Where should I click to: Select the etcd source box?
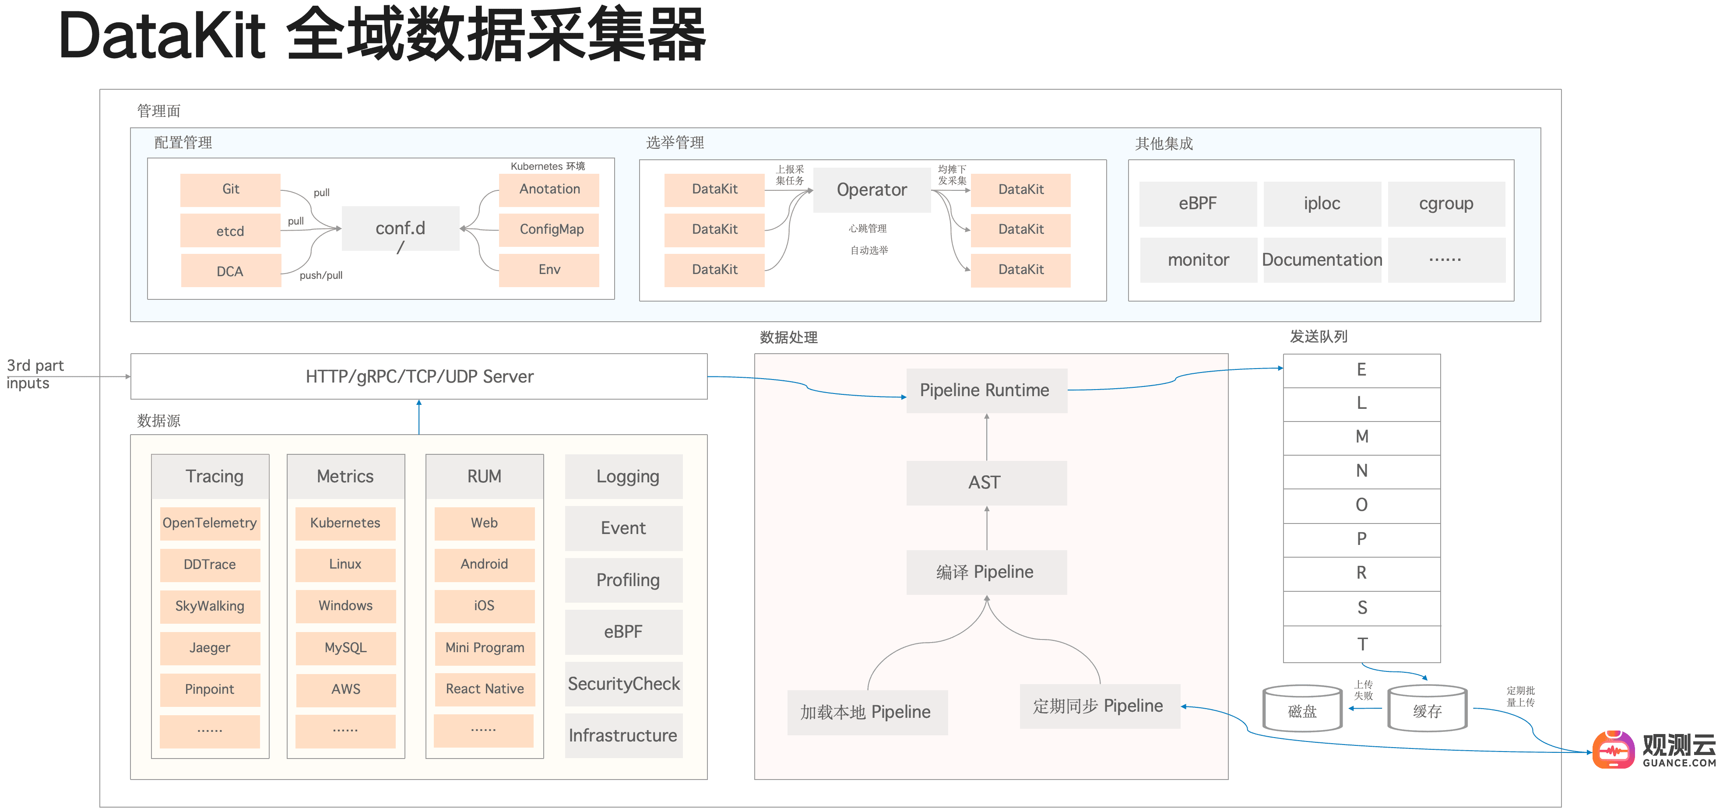(x=231, y=231)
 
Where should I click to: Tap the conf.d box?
(x=401, y=228)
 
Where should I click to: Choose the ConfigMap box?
(x=549, y=229)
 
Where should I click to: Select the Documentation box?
(x=1322, y=260)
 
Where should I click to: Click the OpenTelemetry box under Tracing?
(x=210, y=523)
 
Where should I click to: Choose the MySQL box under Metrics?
(x=345, y=647)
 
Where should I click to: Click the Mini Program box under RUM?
(x=484, y=647)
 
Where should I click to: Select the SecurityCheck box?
(x=623, y=684)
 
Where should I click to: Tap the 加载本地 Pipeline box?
(x=866, y=712)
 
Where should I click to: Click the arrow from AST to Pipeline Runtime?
(x=987, y=437)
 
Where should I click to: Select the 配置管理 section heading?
(x=183, y=143)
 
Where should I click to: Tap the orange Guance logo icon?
(x=1613, y=750)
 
